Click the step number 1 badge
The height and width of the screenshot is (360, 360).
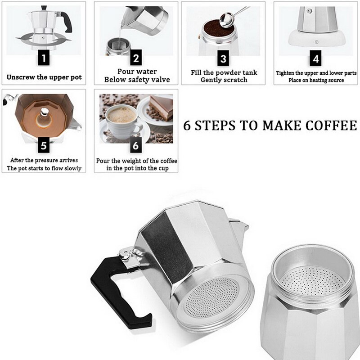click(44, 58)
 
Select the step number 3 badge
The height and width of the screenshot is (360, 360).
click(223, 58)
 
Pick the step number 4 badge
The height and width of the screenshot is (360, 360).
click(316, 58)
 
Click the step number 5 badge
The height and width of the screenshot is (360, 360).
click(44, 145)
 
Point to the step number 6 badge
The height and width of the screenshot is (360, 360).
click(136, 145)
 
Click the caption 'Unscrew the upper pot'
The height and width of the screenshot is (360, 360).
click(44, 77)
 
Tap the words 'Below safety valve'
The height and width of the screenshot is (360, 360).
click(137, 80)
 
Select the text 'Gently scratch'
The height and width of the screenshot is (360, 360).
click(224, 80)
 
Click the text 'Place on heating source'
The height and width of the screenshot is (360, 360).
click(316, 80)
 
